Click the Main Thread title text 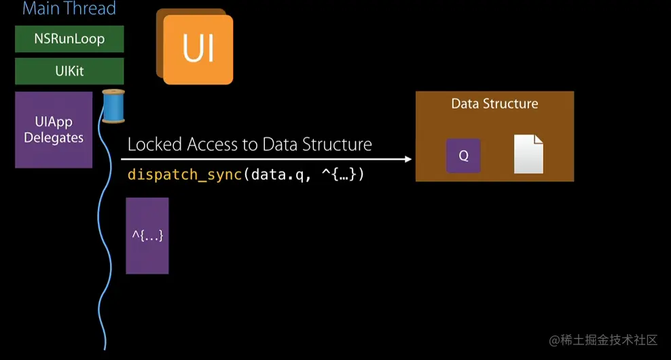(69, 9)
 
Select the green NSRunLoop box (69, 39)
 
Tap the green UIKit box (69, 71)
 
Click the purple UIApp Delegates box (54, 130)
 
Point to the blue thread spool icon (113, 106)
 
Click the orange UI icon (198, 49)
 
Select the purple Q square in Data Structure (463, 156)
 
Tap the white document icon (528, 154)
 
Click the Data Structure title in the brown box (494, 104)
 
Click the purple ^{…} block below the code (147, 236)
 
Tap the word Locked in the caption (155, 144)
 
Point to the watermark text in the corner (603, 340)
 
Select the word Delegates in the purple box (54, 138)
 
